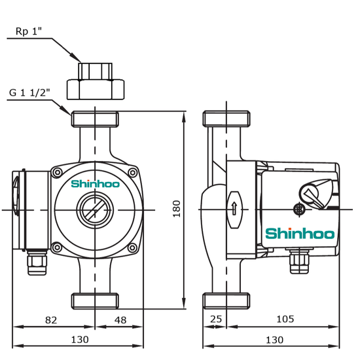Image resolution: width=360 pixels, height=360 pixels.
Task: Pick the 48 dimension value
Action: point(120,321)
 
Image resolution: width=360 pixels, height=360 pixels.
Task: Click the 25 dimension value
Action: point(215,321)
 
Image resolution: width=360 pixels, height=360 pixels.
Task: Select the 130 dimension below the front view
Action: point(79,340)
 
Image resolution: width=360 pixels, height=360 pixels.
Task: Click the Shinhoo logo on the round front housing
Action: point(95,185)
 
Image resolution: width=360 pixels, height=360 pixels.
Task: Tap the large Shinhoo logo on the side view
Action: point(300,234)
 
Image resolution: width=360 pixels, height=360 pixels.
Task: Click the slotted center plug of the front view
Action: point(95,210)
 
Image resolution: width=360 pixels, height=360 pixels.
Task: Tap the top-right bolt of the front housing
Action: point(132,173)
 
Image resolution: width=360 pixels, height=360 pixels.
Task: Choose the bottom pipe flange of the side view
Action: point(226,301)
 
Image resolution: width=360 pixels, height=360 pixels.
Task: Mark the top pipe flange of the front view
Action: point(96,119)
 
